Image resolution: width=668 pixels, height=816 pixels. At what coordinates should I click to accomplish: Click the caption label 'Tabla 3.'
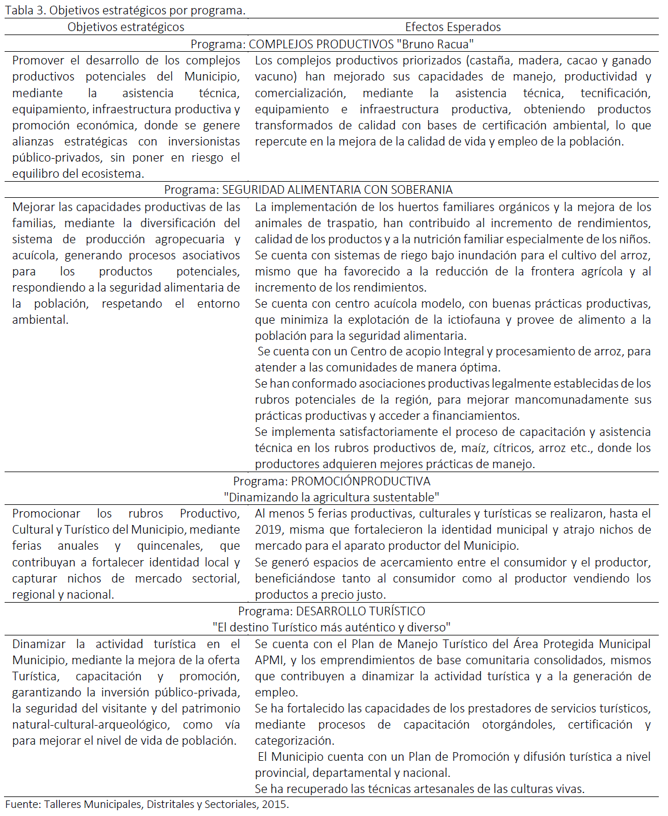(25, 10)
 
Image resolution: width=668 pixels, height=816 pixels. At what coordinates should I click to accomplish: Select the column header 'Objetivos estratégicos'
(126, 27)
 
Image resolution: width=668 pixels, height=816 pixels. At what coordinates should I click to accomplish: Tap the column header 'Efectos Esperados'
(452, 27)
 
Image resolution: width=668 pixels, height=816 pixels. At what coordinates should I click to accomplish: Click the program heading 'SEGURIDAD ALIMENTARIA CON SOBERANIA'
(337, 190)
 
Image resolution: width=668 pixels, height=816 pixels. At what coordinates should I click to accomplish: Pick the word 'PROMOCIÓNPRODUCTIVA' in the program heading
(360, 481)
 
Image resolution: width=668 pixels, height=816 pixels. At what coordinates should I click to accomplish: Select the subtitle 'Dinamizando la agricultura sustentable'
(331, 497)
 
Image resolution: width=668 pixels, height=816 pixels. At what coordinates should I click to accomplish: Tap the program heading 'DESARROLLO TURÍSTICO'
(360, 611)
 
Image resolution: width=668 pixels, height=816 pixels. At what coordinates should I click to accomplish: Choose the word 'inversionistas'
(204, 141)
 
